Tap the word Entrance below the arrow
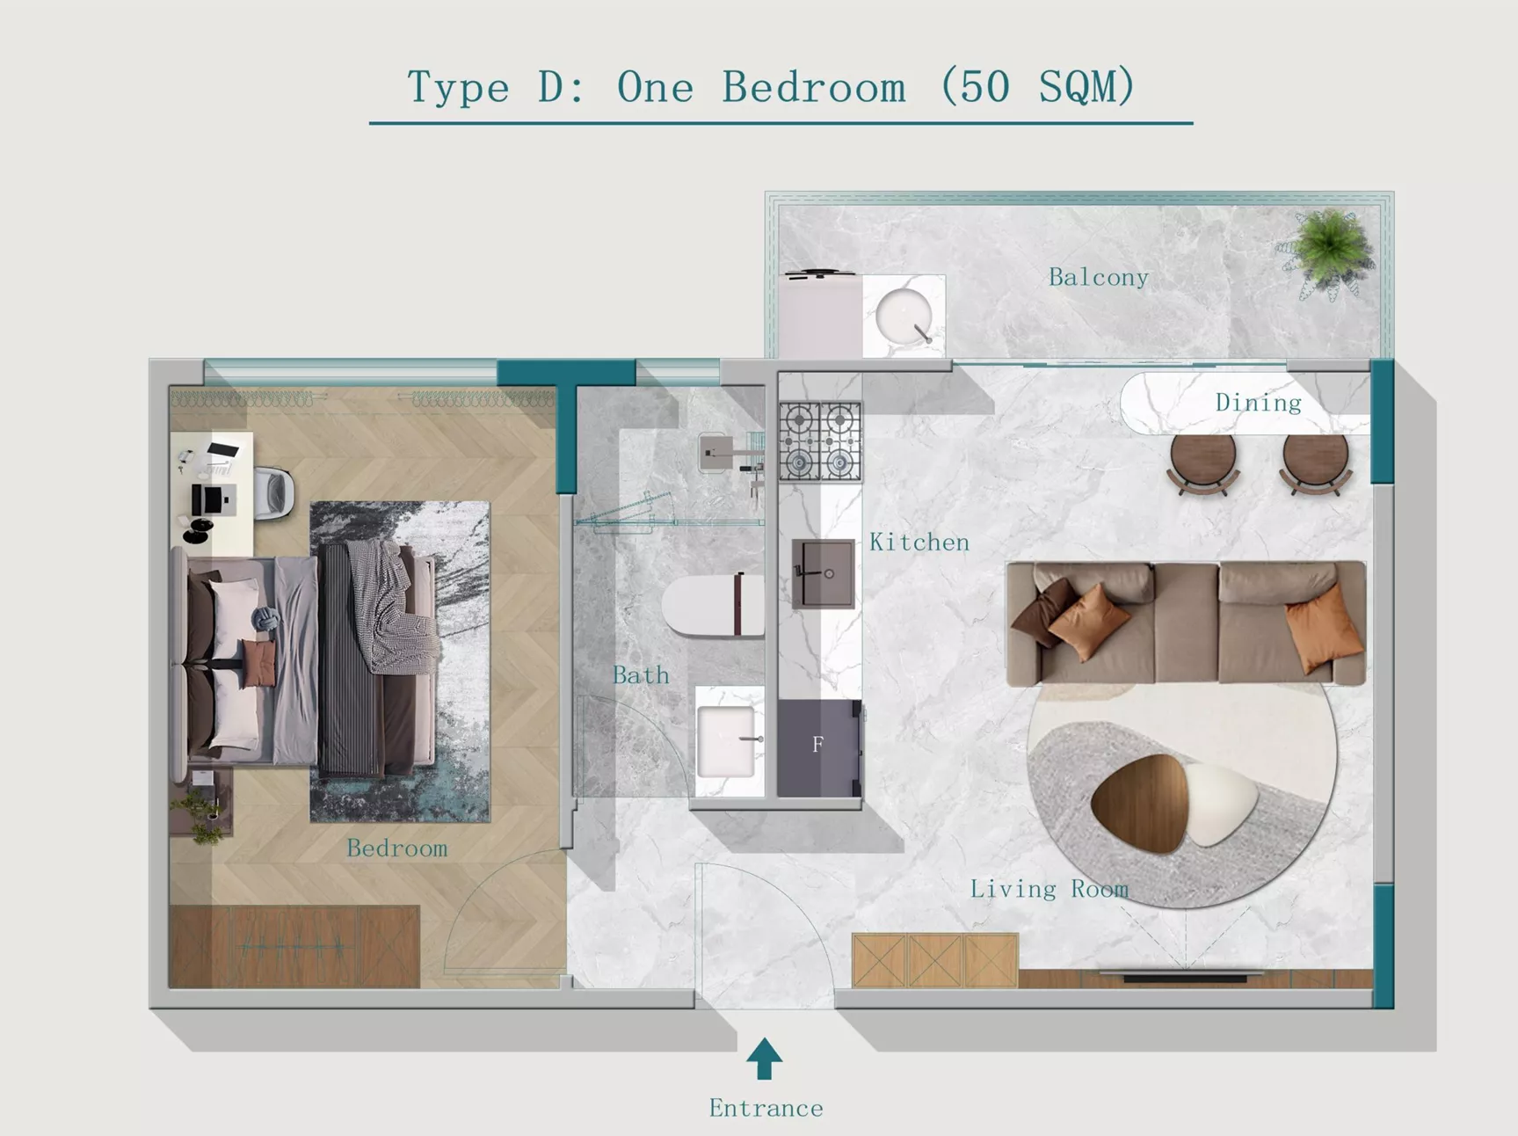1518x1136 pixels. point(766,1108)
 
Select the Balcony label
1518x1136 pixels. point(1099,278)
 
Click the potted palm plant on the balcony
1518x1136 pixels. point(1328,251)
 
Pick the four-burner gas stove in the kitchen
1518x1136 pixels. point(820,441)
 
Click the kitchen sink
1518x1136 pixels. point(823,573)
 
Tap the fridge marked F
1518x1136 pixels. point(819,747)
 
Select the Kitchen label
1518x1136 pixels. point(919,543)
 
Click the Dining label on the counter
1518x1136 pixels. point(1258,403)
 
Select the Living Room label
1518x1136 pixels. point(1050,889)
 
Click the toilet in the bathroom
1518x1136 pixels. point(713,604)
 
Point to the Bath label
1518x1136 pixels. point(641,675)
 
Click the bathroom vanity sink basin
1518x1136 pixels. point(727,742)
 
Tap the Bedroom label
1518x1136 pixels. point(396,848)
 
